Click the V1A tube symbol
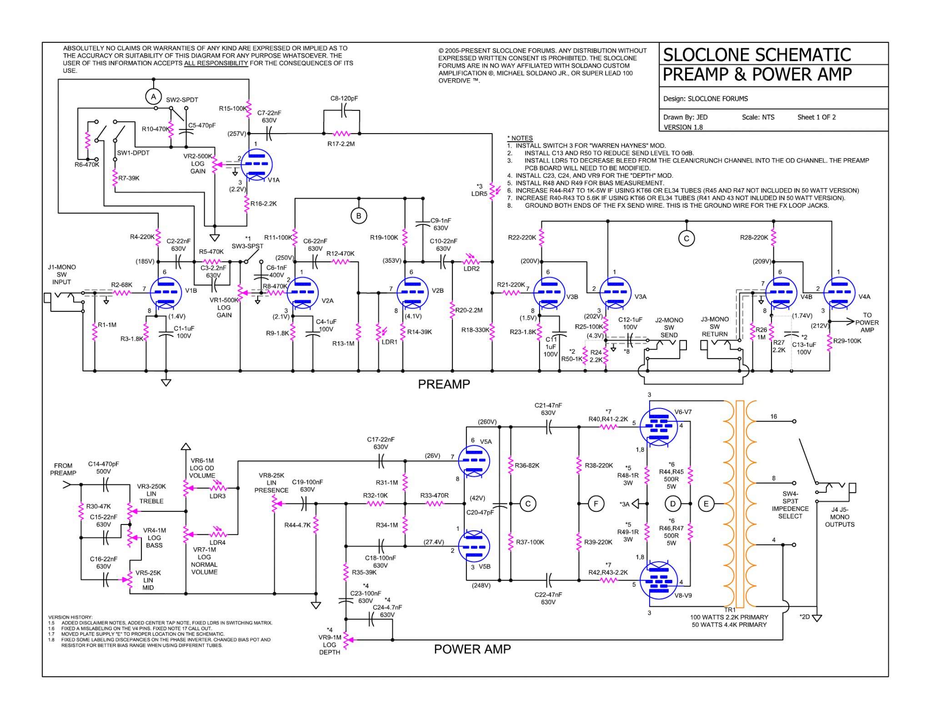coord(256,165)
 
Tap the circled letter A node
coord(154,96)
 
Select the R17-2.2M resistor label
coord(341,144)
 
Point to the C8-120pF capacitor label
coord(344,99)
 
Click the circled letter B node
coord(359,216)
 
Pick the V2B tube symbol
coord(412,292)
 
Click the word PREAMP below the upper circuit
coord(444,384)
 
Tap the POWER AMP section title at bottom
coord(472,649)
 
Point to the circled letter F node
coord(596,504)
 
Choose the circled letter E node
coord(706,504)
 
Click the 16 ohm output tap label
coord(774,416)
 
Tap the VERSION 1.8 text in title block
coord(683,127)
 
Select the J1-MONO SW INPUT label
coord(62,275)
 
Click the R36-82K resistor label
coord(527,465)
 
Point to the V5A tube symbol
coord(474,460)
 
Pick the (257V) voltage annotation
coord(237,134)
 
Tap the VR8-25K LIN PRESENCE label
coord(271,483)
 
